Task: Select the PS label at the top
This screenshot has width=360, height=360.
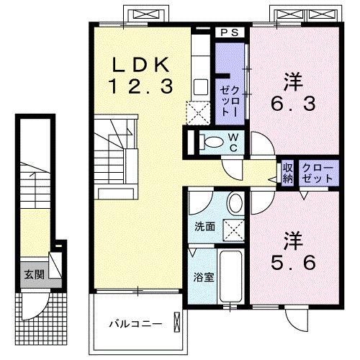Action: click(230, 33)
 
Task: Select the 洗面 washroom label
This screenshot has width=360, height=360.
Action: click(204, 226)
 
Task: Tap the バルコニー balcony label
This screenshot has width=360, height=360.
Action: click(130, 323)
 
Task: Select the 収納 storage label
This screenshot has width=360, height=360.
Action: click(287, 173)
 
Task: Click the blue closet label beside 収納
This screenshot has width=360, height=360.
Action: click(318, 173)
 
